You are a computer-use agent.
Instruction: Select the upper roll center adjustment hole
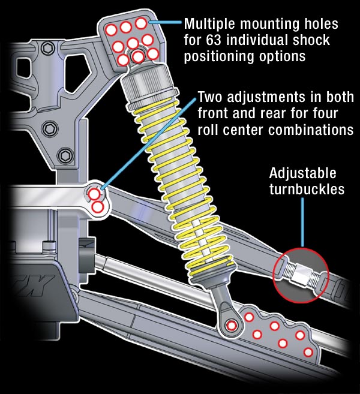coord(94,194)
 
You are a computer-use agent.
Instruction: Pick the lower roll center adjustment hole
coord(99,206)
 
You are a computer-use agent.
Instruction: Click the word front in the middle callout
coord(214,113)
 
